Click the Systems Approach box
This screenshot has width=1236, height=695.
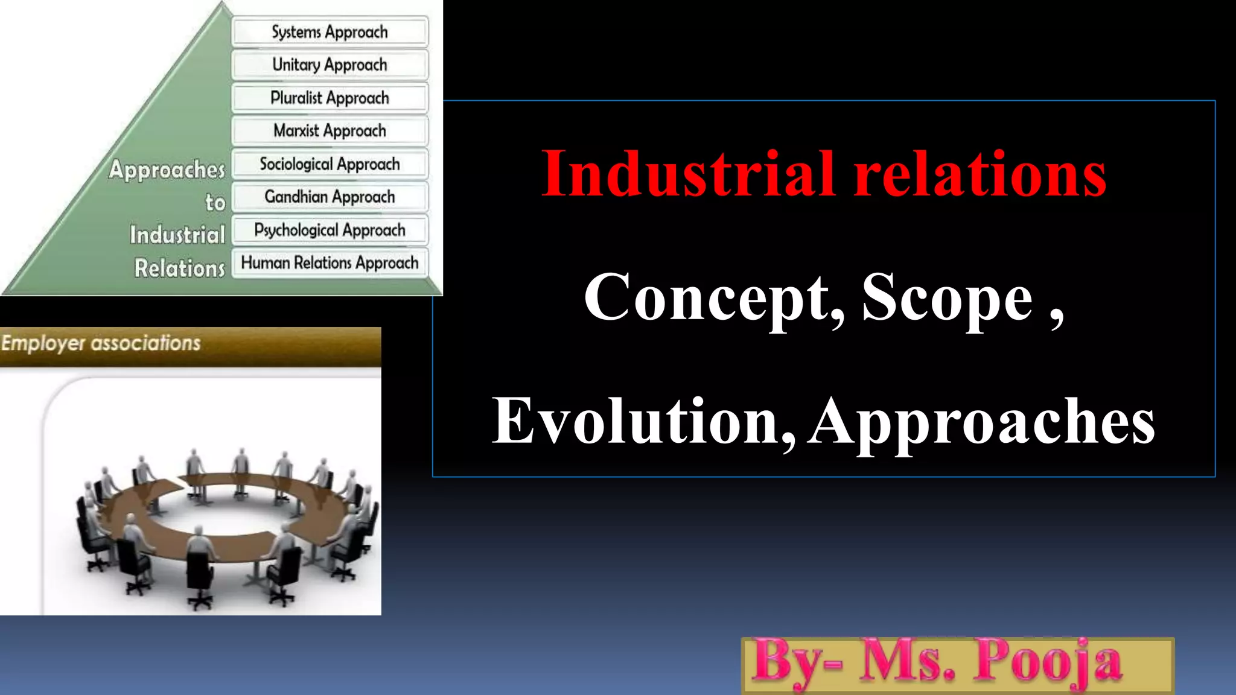coord(330,32)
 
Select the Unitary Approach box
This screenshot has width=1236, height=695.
coord(330,65)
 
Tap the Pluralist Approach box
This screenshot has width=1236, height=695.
coord(330,98)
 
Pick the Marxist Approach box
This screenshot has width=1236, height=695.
coord(330,130)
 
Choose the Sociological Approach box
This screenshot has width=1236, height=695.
coord(330,163)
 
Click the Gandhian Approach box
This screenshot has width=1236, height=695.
coord(330,197)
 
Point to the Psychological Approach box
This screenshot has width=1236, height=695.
coord(330,230)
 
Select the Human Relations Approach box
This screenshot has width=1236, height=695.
coord(330,262)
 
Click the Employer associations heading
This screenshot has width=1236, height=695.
coord(101,343)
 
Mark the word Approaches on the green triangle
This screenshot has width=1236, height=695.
coord(167,170)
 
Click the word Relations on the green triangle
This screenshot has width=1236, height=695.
coord(179,268)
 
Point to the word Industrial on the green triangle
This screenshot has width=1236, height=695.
coord(177,235)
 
